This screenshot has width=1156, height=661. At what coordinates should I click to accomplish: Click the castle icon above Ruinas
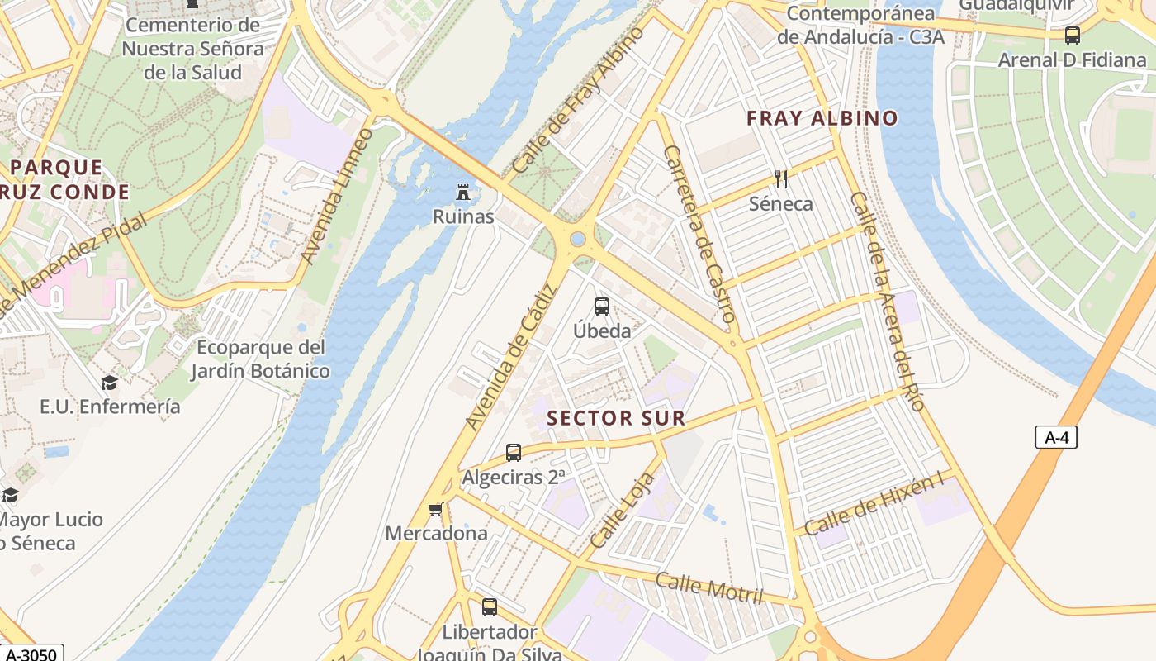(463, 193)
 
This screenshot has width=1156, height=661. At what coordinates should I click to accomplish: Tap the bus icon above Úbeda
(602, 307)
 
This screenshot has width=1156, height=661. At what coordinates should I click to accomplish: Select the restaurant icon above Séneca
(780, 178)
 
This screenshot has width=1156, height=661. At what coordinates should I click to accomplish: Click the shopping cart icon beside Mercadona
(436, 509)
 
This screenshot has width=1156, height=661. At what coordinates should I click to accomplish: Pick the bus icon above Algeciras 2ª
(514, 453)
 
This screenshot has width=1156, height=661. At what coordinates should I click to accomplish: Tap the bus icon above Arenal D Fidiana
(1073, 36)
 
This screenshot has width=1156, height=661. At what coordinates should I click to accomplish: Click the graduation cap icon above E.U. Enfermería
(109, 383)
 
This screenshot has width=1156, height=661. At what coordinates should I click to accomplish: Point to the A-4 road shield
(1056, 437)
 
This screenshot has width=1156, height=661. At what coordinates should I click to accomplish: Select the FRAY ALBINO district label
(822, 118)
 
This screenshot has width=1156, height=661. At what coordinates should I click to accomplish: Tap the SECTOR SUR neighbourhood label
(616, 418)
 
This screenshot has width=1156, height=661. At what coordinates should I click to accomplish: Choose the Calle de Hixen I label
(874, 506)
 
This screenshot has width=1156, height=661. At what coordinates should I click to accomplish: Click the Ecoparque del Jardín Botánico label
(260, 359)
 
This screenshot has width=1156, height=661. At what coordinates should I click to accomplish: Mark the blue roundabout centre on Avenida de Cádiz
(578, 239)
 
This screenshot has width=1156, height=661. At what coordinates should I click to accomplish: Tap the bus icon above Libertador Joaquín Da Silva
(490, 607)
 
